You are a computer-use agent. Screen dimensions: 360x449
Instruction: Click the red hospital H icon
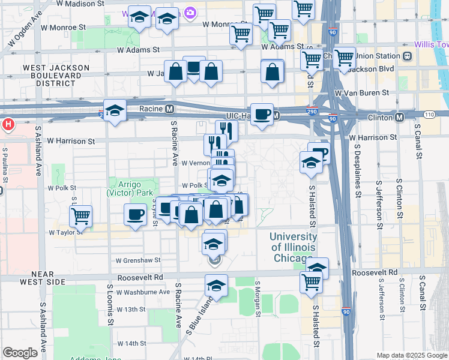(8, 125)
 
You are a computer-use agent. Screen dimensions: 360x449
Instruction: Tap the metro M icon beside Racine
(170, 109)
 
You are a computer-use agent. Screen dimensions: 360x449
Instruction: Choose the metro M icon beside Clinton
(400, 118)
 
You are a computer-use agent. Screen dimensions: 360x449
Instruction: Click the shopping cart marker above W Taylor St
(80, 215)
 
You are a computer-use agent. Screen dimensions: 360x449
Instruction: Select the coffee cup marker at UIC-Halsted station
(261, 114)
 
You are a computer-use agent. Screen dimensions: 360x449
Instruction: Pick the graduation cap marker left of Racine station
(115, 110)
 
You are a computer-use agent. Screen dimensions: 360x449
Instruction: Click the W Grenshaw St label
(139, 260)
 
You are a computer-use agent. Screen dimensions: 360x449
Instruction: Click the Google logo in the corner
(20, 353)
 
